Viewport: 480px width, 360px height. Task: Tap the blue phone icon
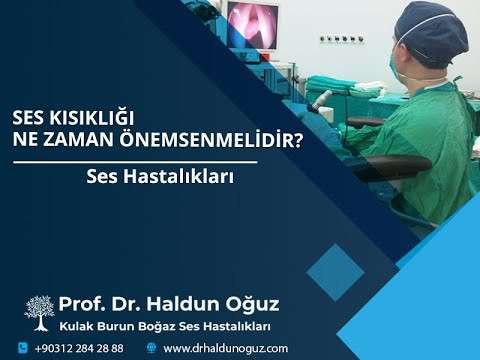point(23,348)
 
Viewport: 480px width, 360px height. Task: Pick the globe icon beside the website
point(151,348)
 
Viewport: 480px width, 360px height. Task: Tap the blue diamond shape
point(335,272)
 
